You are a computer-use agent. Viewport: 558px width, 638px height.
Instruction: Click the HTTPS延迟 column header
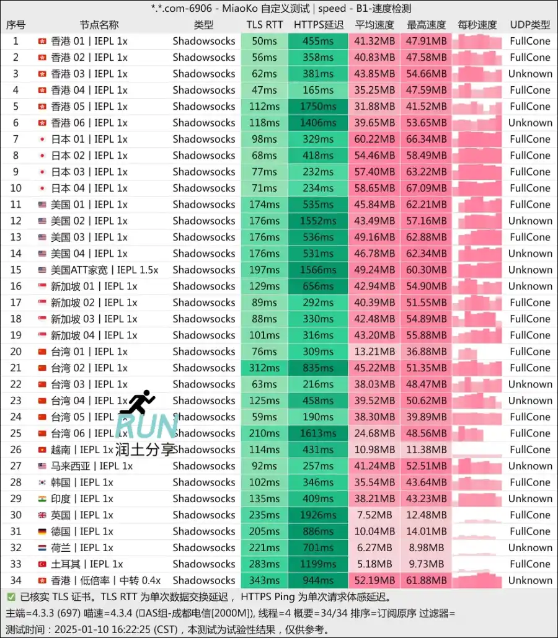[319, 25]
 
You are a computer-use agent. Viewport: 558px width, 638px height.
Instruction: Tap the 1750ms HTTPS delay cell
[319, 106]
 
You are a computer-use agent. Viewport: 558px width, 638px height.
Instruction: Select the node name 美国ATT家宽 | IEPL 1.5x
[105, 270]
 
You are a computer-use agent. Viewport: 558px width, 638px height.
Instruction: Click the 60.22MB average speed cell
[374, 139]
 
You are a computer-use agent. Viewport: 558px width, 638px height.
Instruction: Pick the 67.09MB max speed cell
[427, 188]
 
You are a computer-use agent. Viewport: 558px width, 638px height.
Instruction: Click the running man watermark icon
[138, 402]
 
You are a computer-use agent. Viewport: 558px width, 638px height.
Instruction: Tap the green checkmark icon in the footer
[11, 597]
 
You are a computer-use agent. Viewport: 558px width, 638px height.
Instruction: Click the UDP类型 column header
[529, 25]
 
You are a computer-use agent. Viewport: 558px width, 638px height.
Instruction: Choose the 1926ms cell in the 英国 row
[319, 515]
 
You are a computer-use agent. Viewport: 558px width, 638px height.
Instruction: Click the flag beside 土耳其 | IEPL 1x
[42, 564]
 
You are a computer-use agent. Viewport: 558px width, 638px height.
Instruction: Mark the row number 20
[15, 352]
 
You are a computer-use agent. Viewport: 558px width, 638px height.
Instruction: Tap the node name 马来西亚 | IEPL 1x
[92, 466]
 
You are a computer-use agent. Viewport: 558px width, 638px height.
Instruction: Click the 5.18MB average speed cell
[374, 564]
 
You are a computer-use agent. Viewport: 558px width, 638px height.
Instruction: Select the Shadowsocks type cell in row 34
[204, 580]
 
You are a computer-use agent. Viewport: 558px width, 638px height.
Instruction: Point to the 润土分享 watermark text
[144, 449]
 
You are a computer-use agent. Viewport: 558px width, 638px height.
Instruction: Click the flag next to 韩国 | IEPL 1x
[42, 482]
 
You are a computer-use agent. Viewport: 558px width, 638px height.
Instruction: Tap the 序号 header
[15, 25]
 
